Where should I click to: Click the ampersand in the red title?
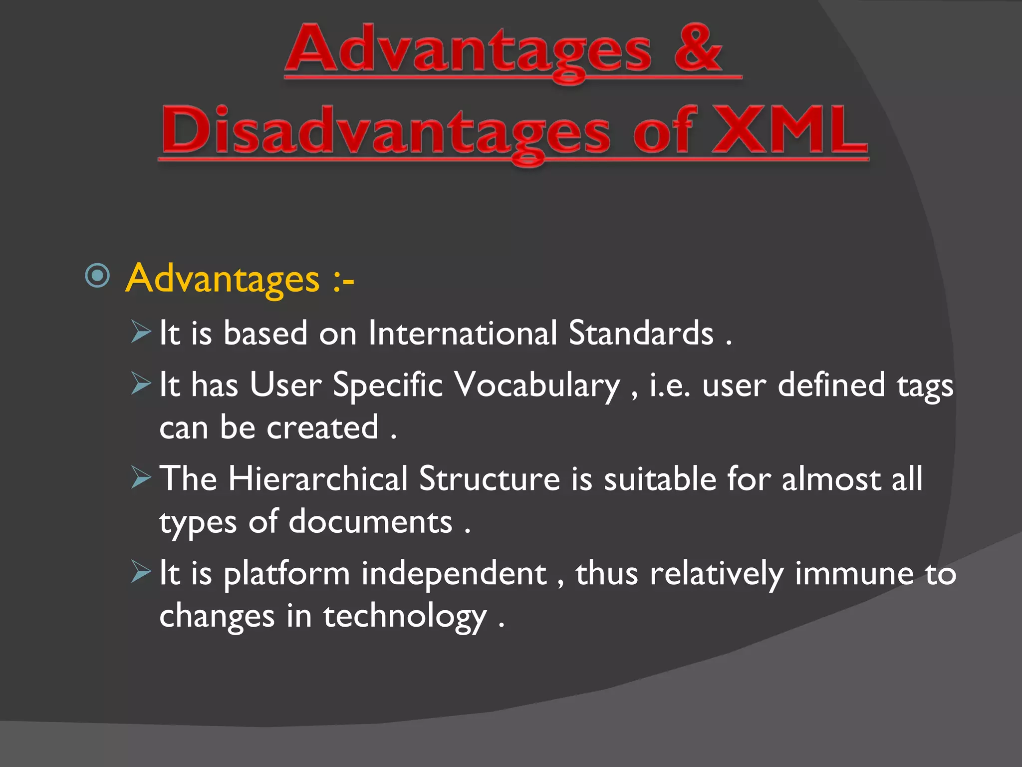click(x=698, y=48)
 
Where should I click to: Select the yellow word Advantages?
click(x=223, y=279)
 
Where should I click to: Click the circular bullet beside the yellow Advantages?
click(x=97, y=275)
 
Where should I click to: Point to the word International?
click(x=462, y=333)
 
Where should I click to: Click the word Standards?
click(x=641, y=333)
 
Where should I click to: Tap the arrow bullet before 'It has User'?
click(x=141, y=383)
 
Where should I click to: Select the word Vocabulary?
click(x=537, y=386)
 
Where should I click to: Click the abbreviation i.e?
click(x=670, y=386)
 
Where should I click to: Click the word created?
click(x=322, y=428)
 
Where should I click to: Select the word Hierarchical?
click(x=318, y=479)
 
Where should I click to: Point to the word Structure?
click(x=490, y=479)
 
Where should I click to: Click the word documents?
click(x=370, y=522)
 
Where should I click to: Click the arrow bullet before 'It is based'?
click(x=141, y=332)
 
